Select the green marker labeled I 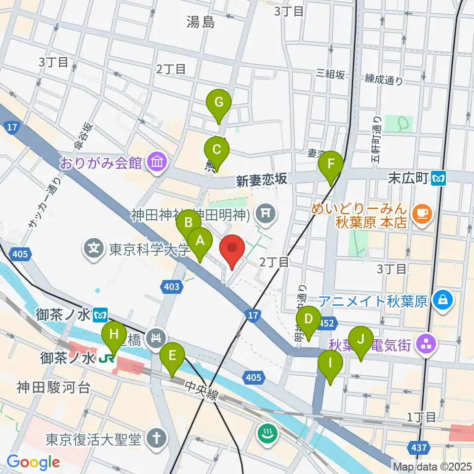pos(330,365)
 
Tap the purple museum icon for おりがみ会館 pos(158,162)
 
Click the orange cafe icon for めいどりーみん pos(423,212)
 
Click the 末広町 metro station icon pos(438,178)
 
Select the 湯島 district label pos(201,21)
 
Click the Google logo pos(34,462)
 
